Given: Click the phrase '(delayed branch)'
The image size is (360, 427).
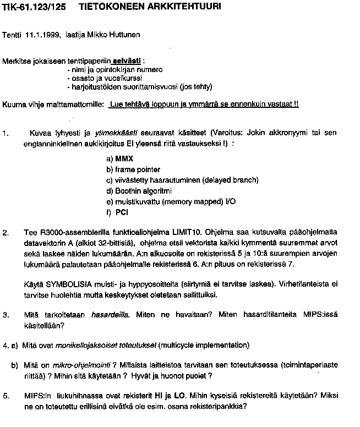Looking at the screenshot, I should [x=230, y=180].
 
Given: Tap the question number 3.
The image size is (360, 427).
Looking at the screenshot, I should [x=5, y=315].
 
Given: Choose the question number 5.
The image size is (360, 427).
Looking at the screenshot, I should [x=5, y=396].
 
